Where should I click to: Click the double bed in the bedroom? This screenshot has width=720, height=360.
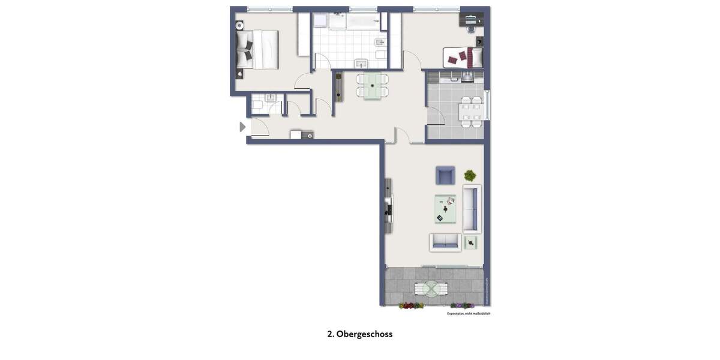[259, 49]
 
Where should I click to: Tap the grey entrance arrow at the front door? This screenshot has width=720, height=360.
[242, 127]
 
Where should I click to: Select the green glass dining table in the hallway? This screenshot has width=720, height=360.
[373, 85]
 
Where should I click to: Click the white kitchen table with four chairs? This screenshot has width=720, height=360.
[470, 111]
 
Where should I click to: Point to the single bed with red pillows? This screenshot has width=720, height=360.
[463, 58]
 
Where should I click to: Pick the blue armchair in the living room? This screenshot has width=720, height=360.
[445, 175]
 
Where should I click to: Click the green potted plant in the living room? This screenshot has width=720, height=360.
[470, 175]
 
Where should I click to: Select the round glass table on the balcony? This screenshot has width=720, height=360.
[431, 289]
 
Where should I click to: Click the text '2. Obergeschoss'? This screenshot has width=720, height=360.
[360, 334]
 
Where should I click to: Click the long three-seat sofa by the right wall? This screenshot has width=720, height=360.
[472, 209]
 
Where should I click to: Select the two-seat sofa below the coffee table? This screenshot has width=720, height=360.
[445, 242]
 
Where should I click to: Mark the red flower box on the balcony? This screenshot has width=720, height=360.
[411, 306]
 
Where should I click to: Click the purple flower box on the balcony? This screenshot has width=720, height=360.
[462, 306]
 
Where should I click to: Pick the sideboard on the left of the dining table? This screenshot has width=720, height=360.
[339, 86]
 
